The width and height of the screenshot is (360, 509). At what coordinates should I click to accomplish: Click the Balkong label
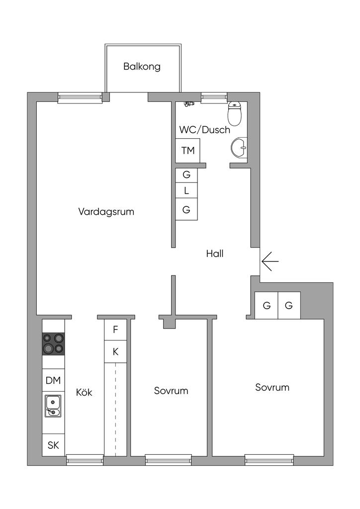(x=142, y=67)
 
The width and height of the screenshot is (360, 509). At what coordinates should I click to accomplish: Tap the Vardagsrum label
(x=106, y=211)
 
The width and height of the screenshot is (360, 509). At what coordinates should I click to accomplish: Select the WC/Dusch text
(x=205, y=130)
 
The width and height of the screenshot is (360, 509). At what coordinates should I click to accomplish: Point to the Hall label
(x=215, y=254)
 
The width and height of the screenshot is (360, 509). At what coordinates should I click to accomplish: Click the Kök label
(x=84, y=392)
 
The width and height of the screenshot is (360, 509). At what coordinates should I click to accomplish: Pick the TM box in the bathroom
(x=188, y=150)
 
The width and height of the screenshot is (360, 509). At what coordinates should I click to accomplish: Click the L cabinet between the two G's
(x=186, y=190)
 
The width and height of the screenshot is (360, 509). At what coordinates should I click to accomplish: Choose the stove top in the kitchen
(x=53, y=343)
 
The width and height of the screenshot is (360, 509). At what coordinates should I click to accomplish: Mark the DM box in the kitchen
(x=53, y=381)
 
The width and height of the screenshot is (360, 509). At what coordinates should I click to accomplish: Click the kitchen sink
(x=53, y=406)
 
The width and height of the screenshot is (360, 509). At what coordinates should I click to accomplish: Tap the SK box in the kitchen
(x=53, y=445)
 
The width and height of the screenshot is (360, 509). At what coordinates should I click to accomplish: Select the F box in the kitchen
(x=115, y=329)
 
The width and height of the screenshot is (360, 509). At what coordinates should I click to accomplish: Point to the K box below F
(x=115, y=351)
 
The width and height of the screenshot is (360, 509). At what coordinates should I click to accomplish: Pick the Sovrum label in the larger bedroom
(x=272, y=387)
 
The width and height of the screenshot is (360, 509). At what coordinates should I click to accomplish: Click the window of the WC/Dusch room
(x=213, y=97)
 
